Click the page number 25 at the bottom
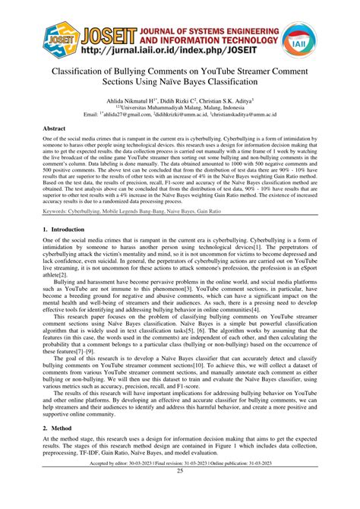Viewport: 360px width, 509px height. [x=180, y=492]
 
